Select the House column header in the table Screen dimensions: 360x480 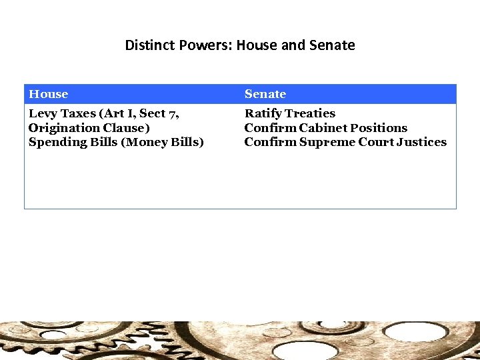(x=48, y=94)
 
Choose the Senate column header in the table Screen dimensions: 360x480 (x=265, y=94)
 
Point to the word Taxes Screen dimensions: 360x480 (x=78, y=113)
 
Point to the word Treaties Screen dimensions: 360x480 (x=311, y=113)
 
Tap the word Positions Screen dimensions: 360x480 (x=379, y=127)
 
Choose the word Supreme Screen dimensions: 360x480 (x=327, y=142)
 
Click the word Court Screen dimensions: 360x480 (x=377, y=142)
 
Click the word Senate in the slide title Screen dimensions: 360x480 (x=332, y=45)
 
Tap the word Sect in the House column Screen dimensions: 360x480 (x=153, y=113)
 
